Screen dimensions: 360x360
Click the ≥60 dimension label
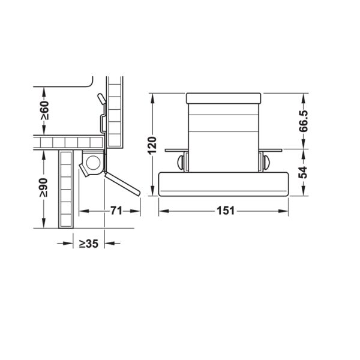(44, 110)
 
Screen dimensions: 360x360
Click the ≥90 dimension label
(44, 188)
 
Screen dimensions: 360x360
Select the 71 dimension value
(117, 211)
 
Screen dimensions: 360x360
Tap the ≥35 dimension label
(88, 244)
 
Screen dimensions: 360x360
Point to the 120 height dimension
(152, 145)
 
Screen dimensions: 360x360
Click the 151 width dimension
(224, 211)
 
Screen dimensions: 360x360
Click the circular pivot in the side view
(93, 162)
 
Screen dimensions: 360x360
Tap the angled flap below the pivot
(122, 182)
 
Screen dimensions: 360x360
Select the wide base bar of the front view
(223, 184)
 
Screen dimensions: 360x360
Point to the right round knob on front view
(266, 161)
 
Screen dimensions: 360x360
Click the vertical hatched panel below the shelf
(65, 189)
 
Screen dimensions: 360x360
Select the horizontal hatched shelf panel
(69, 142)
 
